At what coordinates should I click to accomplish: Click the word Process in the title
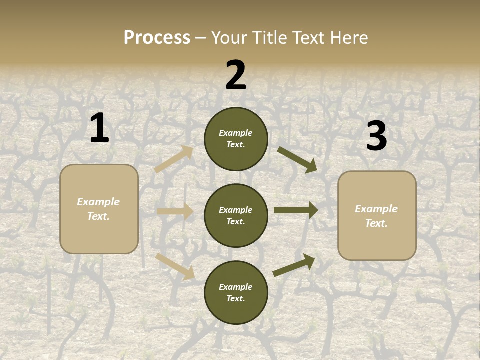tap(157, 37)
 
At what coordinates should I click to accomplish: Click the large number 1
tap(99, 128)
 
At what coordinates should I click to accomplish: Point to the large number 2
tap(236, 76)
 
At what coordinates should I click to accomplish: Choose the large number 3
tap(376, 136)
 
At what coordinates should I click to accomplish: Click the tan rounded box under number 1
tap(99, 209)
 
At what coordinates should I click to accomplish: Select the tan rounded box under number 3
tap(377, 216)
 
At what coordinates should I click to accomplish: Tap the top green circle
tap(236, 139)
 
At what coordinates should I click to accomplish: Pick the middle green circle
tap(236, 216)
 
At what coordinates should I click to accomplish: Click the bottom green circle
tap(236, 293)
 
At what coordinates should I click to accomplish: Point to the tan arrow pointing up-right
tap(174, 159)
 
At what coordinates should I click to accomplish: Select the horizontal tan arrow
tap(175, 211)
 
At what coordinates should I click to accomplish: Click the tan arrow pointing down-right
tap(175, 266)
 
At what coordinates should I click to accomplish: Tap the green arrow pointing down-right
tap(297, 160)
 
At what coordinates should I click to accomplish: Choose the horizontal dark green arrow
tap(296, 210)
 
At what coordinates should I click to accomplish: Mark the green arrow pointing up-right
tap(294, 265)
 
